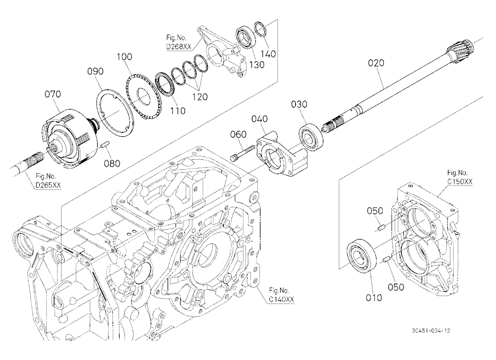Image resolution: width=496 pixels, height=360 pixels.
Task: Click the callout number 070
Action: pos(53,94)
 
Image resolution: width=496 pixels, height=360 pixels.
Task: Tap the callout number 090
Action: pos(95,71)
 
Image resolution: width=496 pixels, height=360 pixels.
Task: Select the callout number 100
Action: pos(124,57)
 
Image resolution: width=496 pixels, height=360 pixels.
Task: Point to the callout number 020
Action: pos(376,63)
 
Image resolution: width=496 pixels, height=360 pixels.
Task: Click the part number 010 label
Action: pos(373,298)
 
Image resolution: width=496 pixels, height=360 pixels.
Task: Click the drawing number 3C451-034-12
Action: pos(431,331)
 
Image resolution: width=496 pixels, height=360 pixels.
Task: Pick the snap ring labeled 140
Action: pos(261,29)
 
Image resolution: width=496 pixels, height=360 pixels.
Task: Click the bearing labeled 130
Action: pos(245,38)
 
